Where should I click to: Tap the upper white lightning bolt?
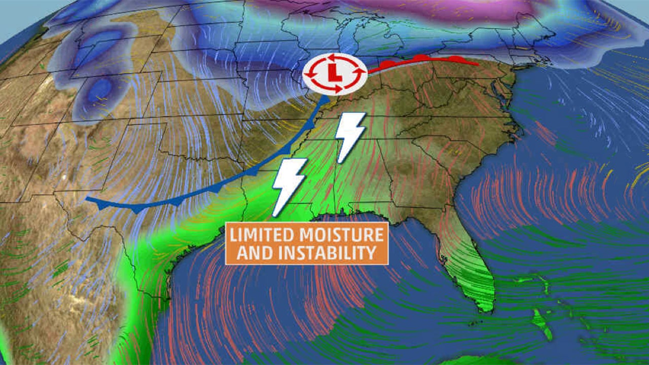pos(350,136)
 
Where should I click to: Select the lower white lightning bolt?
pos(289,186)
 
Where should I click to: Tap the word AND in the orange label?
pos(253,252)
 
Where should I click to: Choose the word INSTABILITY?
pos(325,252)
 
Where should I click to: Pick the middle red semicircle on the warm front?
pos(420,58)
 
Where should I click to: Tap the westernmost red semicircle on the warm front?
pos(387,64)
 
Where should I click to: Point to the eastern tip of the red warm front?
pos(479,64)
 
